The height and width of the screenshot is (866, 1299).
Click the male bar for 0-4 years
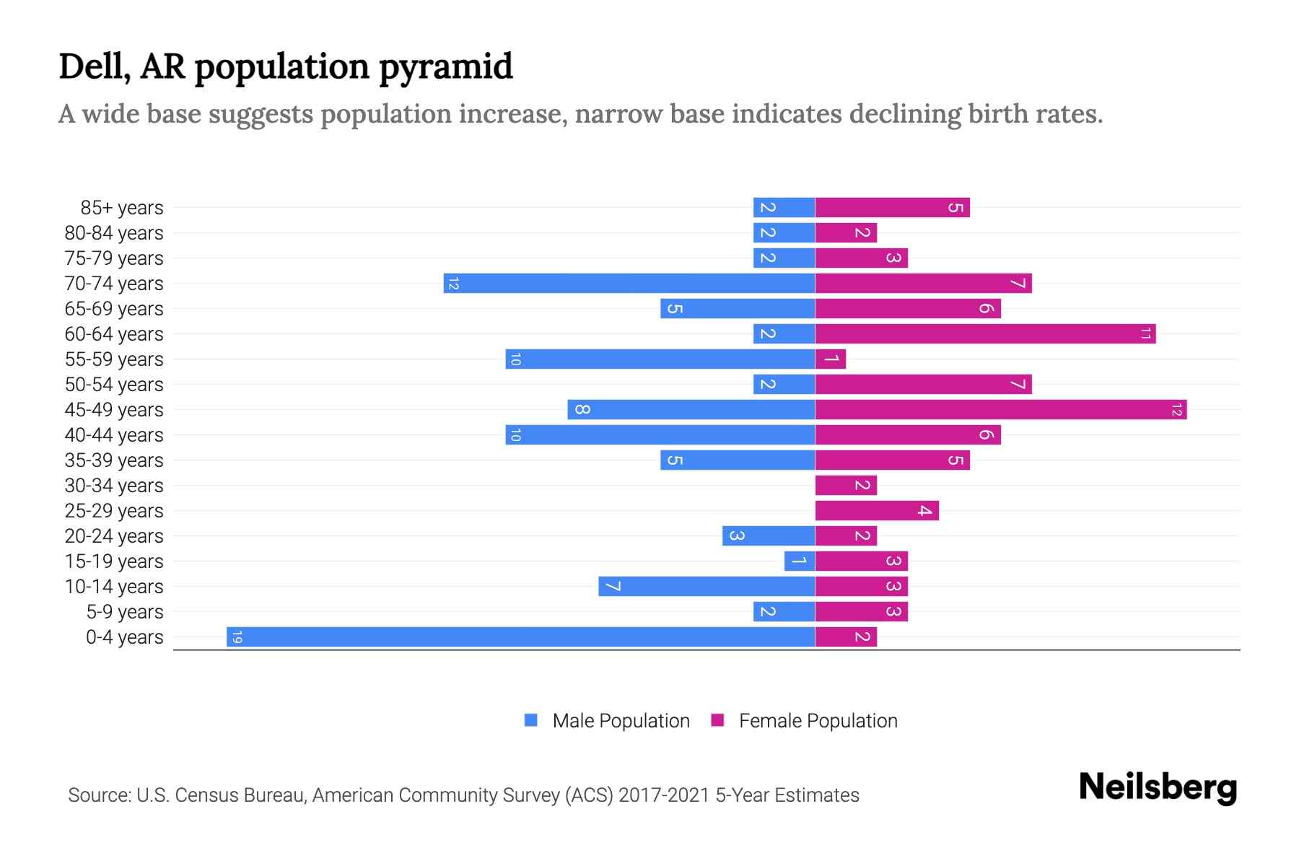(520, 637)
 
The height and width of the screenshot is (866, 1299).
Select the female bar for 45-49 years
(1000, 410)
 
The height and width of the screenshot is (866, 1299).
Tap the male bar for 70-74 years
(629, 284)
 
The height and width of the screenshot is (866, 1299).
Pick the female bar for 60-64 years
(985, 334)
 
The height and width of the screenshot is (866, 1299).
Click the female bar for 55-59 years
(831, 359)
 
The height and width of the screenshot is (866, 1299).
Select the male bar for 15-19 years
(800, 561)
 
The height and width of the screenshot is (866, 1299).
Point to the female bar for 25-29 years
(877, 511)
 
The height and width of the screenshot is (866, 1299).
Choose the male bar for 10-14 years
(707, 587)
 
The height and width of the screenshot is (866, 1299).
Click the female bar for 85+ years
(892, 208)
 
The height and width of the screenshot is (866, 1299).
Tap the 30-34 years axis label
(114, 486)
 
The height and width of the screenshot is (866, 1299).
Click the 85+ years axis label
(122, 208)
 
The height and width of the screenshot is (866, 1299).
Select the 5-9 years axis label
(125, 612)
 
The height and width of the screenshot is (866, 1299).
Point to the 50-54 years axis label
(114, 385)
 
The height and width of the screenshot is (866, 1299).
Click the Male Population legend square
(531, 720)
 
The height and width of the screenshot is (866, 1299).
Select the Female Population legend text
(818, 721)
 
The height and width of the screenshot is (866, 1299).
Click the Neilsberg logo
(1158, 787)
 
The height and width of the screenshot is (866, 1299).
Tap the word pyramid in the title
(445, 67)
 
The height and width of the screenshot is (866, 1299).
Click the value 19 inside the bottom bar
(237, 637)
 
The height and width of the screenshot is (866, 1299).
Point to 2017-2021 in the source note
(664, 795)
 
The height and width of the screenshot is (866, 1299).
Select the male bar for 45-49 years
(691, 410)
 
